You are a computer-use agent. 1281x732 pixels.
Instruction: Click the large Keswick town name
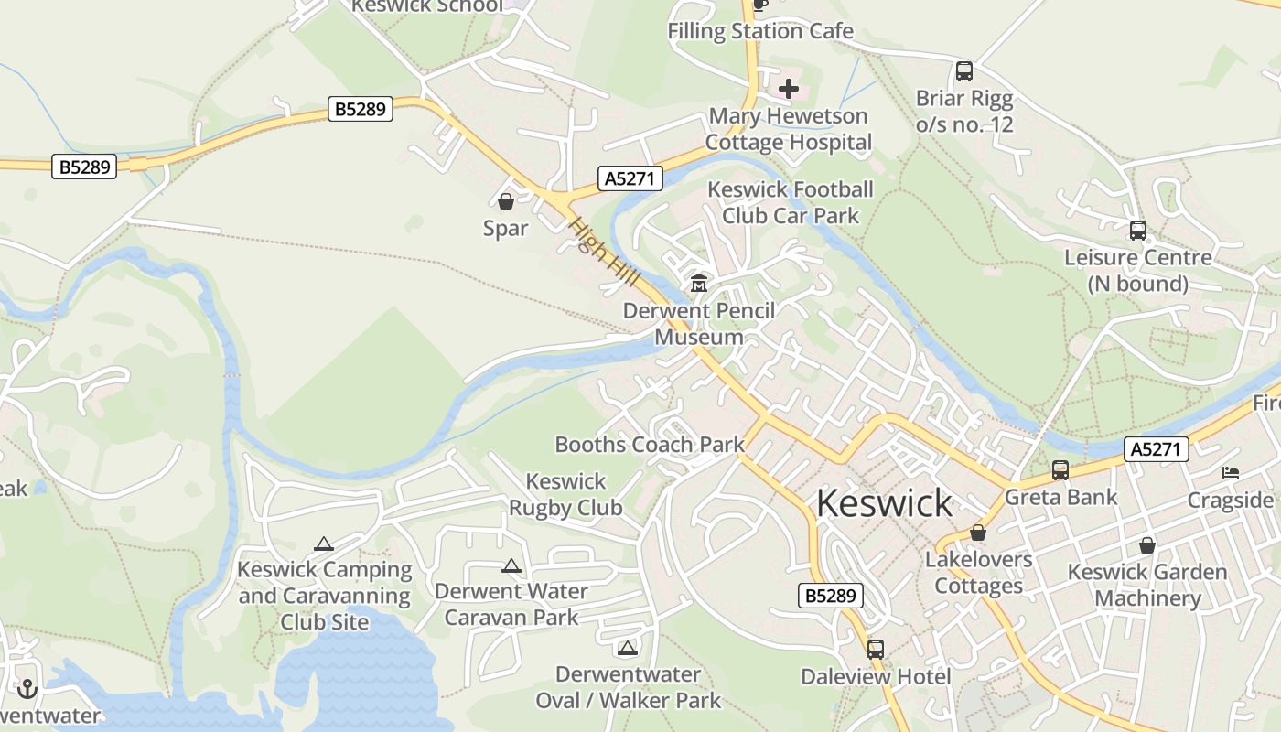[884, 503]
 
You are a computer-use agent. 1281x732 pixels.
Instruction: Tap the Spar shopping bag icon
[506, 201]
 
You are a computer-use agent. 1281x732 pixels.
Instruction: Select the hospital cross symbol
[789, 90]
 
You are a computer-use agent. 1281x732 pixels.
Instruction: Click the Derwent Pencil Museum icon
[699, 284]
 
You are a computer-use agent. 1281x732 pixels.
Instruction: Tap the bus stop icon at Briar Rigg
[963, 71]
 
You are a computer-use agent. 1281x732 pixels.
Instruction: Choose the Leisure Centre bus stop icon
[1137, 231]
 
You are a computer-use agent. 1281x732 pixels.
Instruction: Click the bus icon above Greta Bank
[1060, 470]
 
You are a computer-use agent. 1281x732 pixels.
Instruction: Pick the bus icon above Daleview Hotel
[876, 650]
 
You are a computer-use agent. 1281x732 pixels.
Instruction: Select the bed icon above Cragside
[1231, 473]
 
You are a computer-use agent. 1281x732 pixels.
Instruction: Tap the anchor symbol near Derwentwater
[27, 688]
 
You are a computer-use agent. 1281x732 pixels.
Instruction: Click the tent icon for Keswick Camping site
[324, 544]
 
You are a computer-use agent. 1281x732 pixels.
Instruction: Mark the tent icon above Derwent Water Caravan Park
[511, 565]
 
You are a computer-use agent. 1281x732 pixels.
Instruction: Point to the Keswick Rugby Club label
[565, 494]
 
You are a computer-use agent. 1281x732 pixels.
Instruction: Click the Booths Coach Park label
[650, 445]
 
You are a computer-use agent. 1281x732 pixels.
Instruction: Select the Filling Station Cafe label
[760, 31]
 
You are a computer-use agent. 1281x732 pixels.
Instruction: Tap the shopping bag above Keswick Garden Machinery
[1146, 546]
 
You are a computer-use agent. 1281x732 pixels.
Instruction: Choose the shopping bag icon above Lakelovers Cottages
[978, 533]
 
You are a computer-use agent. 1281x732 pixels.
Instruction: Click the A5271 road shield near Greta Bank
[1157, 449]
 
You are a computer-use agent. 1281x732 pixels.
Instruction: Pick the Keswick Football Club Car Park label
[791, 202]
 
